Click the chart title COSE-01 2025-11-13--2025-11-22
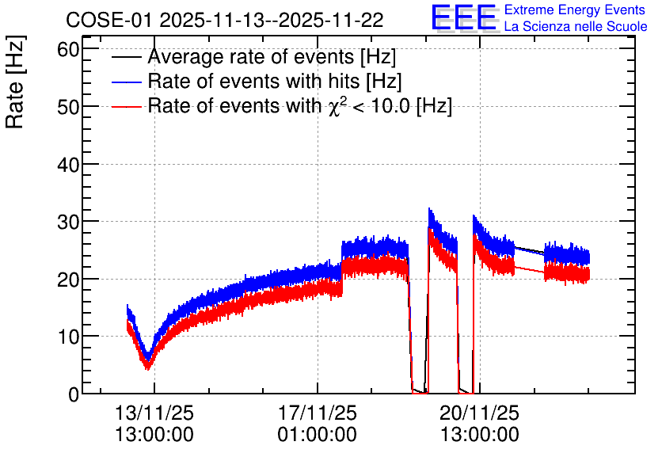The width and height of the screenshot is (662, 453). click(225, 20)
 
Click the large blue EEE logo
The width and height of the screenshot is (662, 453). click(464, 17)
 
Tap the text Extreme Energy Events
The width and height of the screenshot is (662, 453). click(575, 10)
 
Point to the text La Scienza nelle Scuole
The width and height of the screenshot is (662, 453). click(576, 26)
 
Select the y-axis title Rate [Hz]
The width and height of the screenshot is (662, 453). click(16, 82)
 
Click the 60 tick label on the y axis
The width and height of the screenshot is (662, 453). click(68, 49)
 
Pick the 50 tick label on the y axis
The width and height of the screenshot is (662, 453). click(68, 107)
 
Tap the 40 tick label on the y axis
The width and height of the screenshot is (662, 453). click(68, 164)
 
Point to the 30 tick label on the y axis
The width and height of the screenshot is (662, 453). click(68, 222)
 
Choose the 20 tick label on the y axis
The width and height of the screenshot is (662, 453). click(68, 279)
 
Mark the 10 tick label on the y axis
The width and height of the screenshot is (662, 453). click(68, 337)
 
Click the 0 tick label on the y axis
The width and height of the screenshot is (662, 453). click(74, 394)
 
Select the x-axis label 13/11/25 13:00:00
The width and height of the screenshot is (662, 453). click(154, 424)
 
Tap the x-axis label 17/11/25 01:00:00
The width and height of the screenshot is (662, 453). click(317, 424)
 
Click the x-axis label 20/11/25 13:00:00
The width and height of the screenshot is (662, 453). click(480, 424)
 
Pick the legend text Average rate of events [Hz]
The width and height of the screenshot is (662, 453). click(272, 56)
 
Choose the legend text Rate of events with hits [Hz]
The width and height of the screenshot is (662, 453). click(275, 81)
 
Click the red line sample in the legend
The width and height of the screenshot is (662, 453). click(127, 106)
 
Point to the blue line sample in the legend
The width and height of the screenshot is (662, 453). click(127, 82)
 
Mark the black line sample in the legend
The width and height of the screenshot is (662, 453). click(127, 57)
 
